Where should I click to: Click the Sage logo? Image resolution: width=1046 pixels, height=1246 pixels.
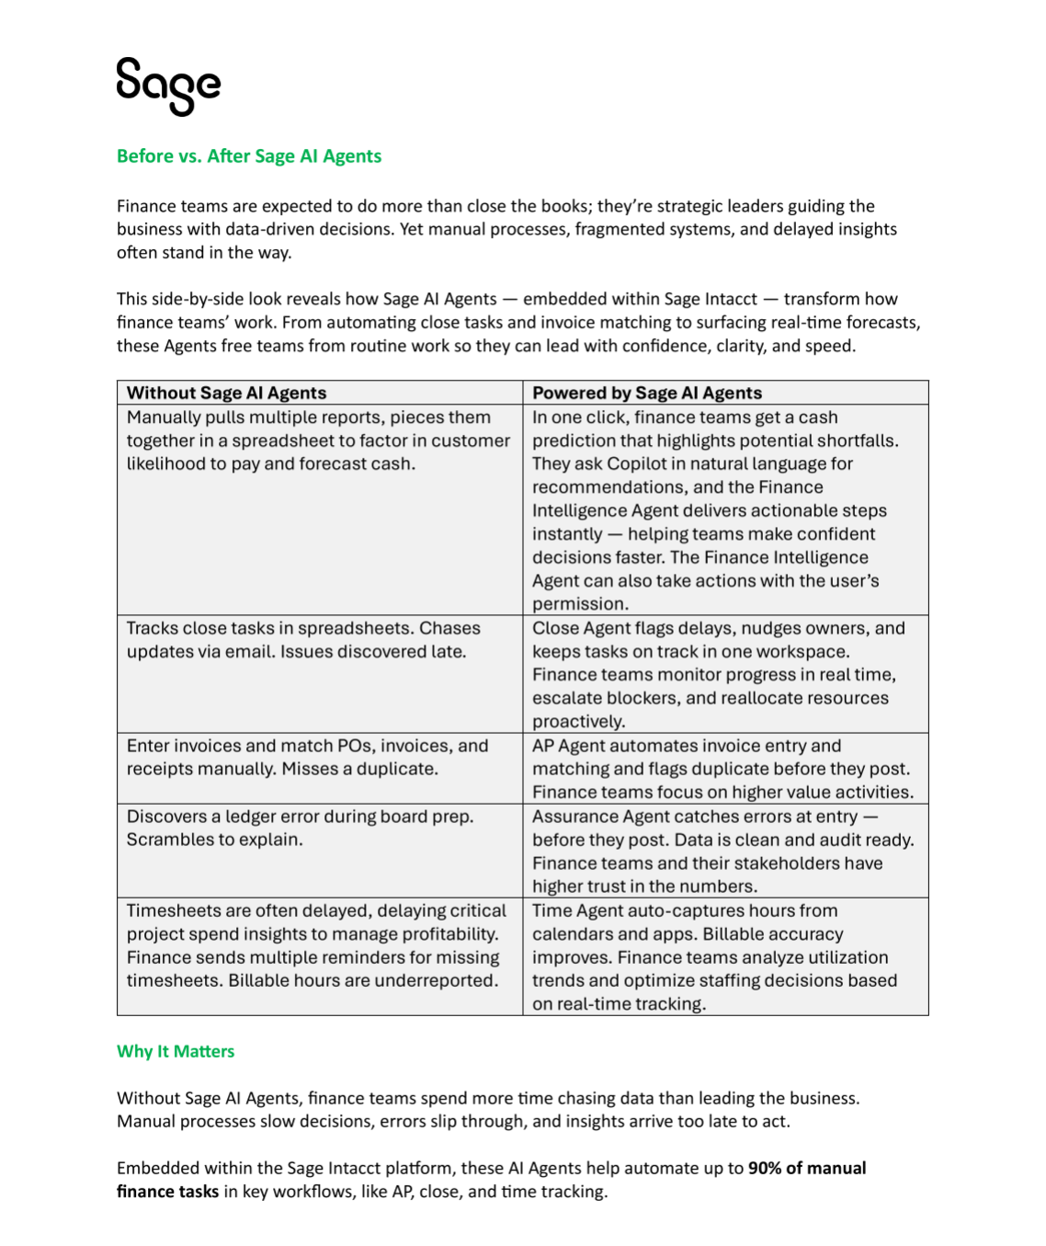tap(168, 86)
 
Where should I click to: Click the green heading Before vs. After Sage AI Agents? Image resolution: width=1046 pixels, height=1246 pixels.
tap(248, 156)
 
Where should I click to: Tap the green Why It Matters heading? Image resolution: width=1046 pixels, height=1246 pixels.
tap(176, 1051)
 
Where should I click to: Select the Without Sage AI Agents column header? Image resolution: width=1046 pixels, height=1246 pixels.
tap(226, 393)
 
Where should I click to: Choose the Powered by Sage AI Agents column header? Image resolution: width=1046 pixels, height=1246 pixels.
tap(647, 393)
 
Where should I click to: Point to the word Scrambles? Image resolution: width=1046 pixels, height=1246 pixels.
tap(167, 840)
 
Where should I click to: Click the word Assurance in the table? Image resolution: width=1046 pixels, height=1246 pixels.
tap(574, 817)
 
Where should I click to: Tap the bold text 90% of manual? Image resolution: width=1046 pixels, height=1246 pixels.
tap(807, 1168)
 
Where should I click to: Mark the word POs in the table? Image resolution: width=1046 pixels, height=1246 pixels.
tap(357, 746)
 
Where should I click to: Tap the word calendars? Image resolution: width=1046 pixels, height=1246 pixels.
tap(572, 934)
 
